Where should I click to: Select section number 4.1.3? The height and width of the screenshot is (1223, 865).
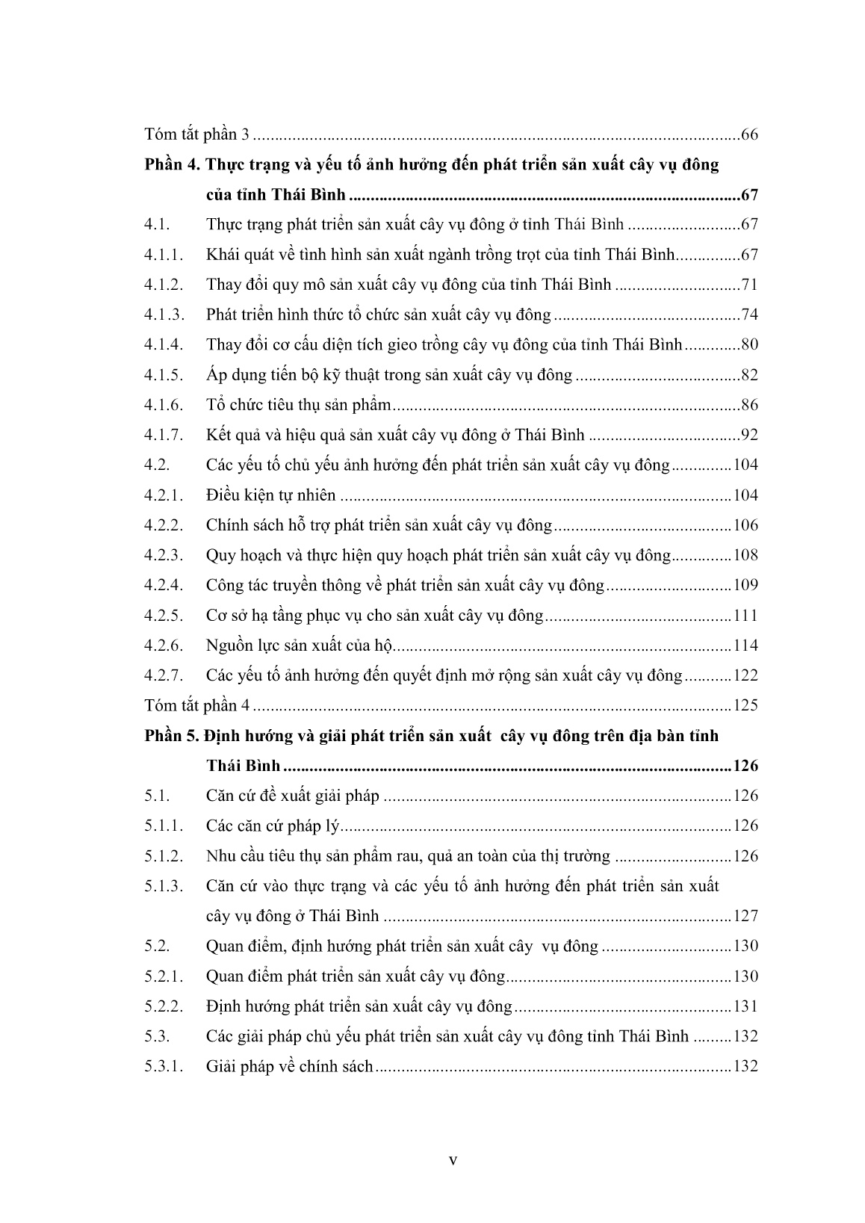point(164,315)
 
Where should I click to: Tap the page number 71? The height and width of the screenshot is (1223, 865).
point(749,285)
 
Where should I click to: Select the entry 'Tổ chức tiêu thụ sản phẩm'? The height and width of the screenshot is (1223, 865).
point(299,406)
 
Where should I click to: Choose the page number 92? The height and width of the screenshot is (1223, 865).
point(749,436)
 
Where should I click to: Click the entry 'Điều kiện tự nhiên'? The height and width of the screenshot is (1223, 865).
point(270,495)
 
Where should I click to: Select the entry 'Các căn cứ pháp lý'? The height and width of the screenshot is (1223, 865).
point(273,826)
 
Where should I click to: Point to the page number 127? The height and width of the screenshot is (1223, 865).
point(745,917)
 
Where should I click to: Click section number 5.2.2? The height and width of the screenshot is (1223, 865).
point(164,1007)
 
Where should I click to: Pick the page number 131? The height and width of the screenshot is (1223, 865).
point(745,1007)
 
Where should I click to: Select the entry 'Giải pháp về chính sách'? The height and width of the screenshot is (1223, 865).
point(289,1067)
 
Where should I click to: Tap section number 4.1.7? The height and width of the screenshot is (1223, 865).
point(164,436)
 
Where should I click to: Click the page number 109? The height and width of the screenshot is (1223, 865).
point(745,586)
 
